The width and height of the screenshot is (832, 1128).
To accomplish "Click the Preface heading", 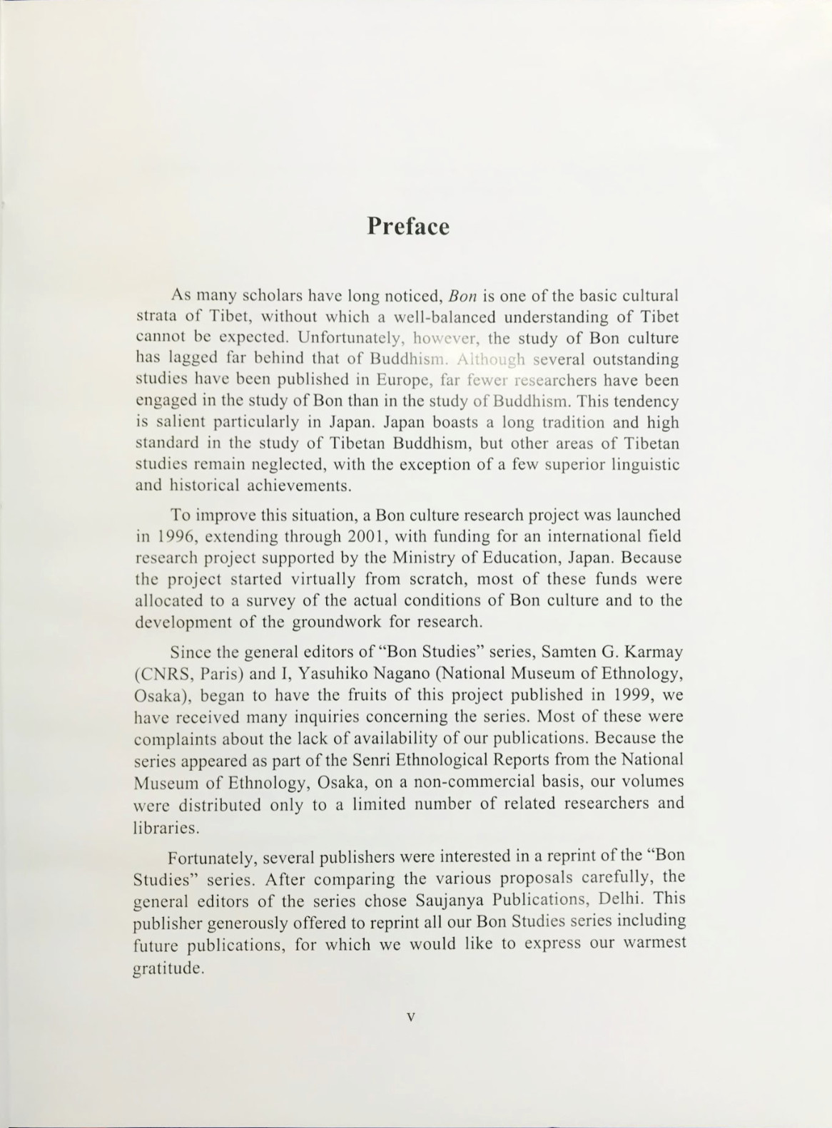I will [x=408, y=226].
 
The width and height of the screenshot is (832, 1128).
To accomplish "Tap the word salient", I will [x=180, y=423].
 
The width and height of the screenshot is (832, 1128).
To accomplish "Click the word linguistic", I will [x=648, y=465].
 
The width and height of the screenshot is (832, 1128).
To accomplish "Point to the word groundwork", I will [x=338, y=621].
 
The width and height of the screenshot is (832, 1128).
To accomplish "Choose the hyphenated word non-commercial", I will [x=480, y=781].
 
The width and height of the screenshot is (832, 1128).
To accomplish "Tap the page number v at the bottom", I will [x=410, y=1017].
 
